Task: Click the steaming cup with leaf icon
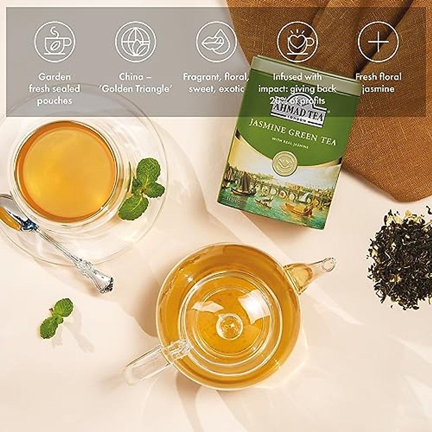pos(55,42)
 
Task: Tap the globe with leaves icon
pos(135,42)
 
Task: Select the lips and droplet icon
pos(216,42)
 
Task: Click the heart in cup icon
pos(297,42)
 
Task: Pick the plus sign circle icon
pos(378,42)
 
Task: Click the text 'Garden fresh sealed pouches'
pos(55,89)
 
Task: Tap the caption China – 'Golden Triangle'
pos(135,82)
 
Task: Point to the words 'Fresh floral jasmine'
pos(378,82)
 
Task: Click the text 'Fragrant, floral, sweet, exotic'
pos(216,82)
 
